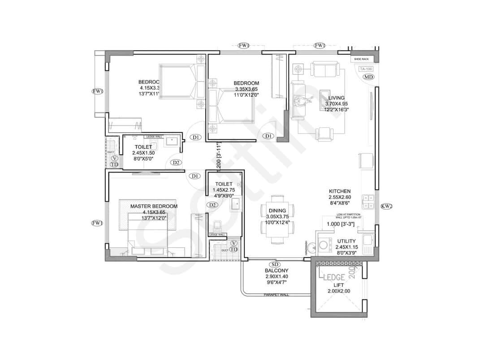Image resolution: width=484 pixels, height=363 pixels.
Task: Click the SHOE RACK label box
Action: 361,59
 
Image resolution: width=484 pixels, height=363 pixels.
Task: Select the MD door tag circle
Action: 368,77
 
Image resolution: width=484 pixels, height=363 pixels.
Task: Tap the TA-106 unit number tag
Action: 366,69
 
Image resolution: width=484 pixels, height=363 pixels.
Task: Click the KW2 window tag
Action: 386,207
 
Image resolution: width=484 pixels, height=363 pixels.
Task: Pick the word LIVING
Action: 336,98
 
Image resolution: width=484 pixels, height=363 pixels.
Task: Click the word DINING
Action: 277,210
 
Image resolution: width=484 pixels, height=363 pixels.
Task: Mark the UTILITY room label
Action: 346,241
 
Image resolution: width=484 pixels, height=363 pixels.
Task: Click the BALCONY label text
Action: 277,271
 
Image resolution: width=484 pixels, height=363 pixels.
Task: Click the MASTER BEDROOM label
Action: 154,206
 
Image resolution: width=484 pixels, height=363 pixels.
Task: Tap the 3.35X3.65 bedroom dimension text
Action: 246,89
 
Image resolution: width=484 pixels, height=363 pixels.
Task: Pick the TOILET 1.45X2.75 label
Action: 224,187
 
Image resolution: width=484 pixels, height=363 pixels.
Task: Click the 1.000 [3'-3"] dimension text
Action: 340,224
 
